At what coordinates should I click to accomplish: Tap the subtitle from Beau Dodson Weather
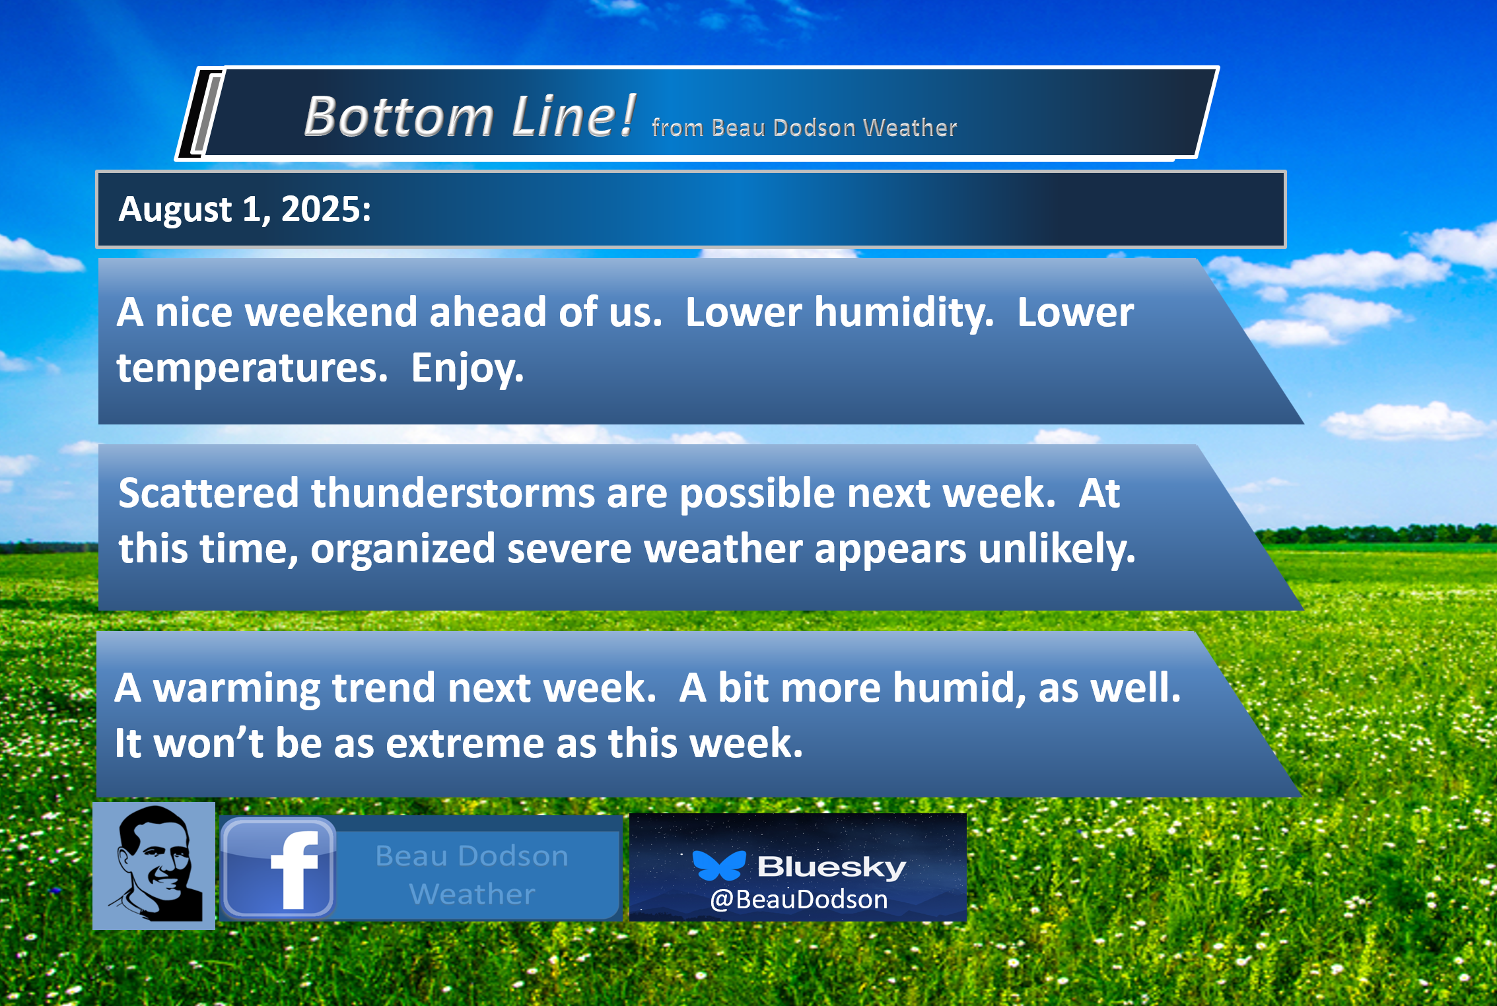click(804, 127)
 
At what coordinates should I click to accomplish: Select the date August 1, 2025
click(244, 210)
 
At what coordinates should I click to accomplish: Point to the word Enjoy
click(467, 368)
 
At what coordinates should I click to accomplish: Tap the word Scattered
click(209, 493)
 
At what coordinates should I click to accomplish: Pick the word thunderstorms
click(453, 493)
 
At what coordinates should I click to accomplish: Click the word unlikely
click(1057, 549)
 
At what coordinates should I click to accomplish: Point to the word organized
click(403, 549)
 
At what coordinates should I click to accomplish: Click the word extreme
click(465, 743)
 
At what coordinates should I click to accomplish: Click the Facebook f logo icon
click(278, 867)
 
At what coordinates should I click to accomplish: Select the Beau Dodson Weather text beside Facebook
click(472, 875)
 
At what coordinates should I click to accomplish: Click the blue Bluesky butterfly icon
click(718, 865)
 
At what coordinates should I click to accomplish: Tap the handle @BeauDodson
click(799, 900)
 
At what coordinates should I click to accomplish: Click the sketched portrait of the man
click(154, 866)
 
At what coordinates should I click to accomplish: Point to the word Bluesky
click(831, 866)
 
